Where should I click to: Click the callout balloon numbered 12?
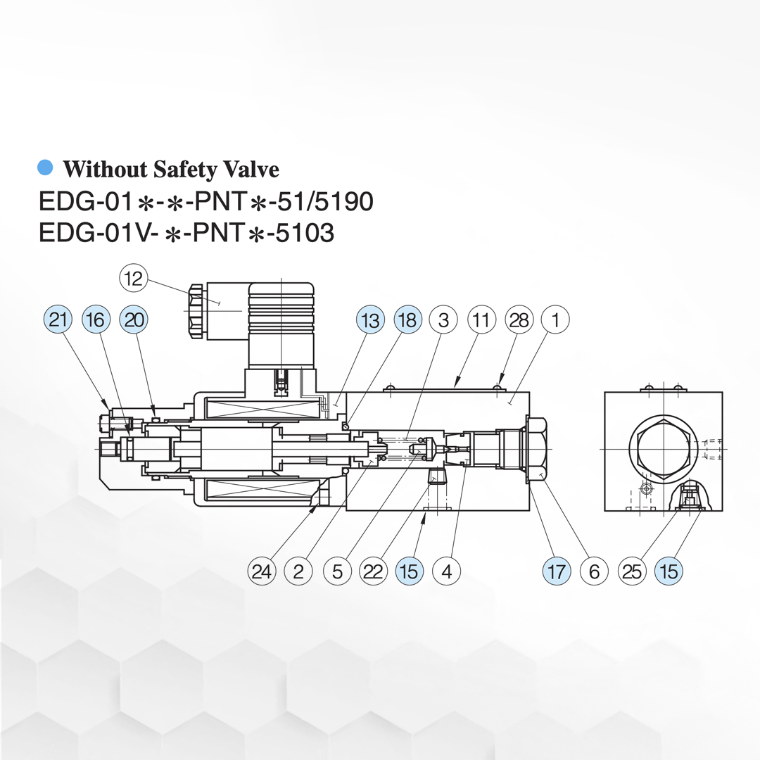click(133, 278)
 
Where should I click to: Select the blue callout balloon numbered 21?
click(58, 320)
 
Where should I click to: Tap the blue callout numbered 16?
click(96, 320)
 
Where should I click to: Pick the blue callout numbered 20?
click(134, 320)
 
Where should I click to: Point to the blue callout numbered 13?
click(370, 320)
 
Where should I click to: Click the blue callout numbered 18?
click(407, 320)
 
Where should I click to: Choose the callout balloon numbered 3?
click(443, 320)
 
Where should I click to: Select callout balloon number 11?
click(481, 320)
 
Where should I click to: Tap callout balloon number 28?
click(519, 320)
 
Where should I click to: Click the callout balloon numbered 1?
click(555, 320)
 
